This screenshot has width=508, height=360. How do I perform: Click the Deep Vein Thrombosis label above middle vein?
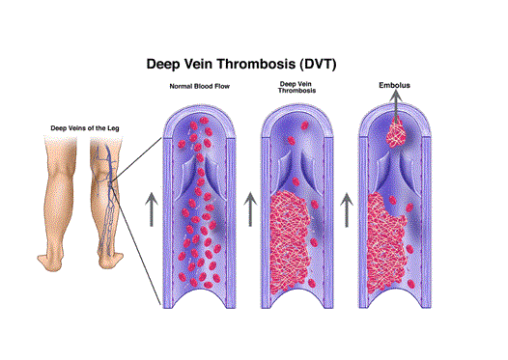tap(295, 91)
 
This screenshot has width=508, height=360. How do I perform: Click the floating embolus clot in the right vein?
tap(393, 133)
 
